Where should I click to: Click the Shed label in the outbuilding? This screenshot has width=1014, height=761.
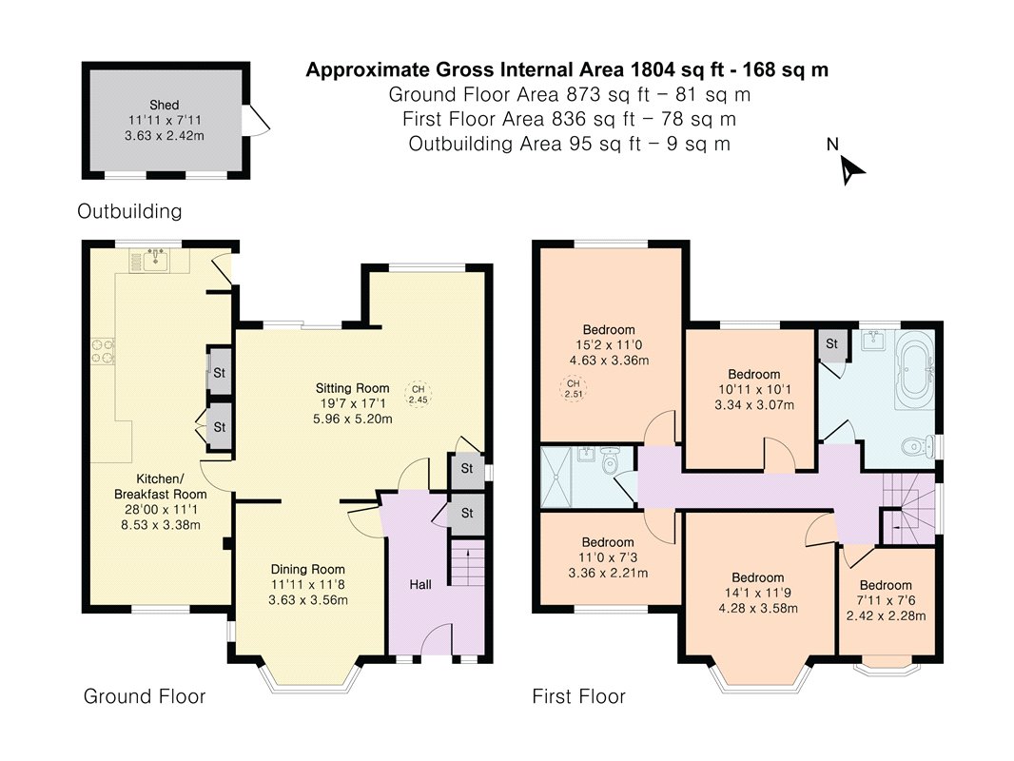(x=165, y=105)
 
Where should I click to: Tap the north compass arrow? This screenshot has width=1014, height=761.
(x=851, y=171)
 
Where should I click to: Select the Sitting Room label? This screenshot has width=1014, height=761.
(x=353, y=388)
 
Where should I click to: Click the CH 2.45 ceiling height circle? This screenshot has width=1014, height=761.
(x=418, y=395)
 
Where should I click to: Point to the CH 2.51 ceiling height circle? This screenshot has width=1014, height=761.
(x=573, y=388)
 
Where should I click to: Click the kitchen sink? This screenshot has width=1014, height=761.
(x=156, y=260)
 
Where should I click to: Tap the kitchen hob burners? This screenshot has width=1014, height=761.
(x=102, y=351)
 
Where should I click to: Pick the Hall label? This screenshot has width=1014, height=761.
(x=420, y=584)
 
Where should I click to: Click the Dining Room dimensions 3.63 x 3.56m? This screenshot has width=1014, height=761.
(x=308, y=600)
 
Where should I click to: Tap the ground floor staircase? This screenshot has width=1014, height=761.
(x=467, y=562)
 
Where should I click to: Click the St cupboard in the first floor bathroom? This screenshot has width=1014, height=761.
(x=831, y=344)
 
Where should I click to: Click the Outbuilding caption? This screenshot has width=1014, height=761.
(x=129, y=211)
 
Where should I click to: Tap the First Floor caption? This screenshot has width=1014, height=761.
(x=578, y=696)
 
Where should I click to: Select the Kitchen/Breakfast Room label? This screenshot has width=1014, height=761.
(x=161, y=486)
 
